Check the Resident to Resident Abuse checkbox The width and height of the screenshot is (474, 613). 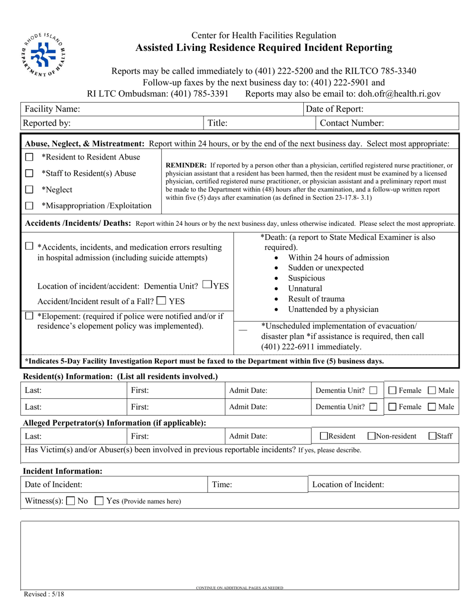point(29,157)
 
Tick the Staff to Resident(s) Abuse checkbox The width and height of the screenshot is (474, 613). point(29,173)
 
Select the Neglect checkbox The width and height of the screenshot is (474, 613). point(29,189)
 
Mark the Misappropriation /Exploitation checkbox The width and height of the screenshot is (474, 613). point(29,205)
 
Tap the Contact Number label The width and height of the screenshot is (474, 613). point(352,123)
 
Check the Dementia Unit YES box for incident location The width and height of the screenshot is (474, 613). point(208,285)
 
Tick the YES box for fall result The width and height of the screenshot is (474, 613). point(161,301)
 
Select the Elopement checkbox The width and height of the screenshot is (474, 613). point(29,315)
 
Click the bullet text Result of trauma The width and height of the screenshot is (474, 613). point(316,299)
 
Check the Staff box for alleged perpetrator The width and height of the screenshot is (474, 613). point(433,436)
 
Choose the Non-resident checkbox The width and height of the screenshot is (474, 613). point(371,436)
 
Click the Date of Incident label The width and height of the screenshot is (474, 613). point(54,484)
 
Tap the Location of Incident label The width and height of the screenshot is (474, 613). point(348,484)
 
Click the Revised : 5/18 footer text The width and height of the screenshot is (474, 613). point(44,594)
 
